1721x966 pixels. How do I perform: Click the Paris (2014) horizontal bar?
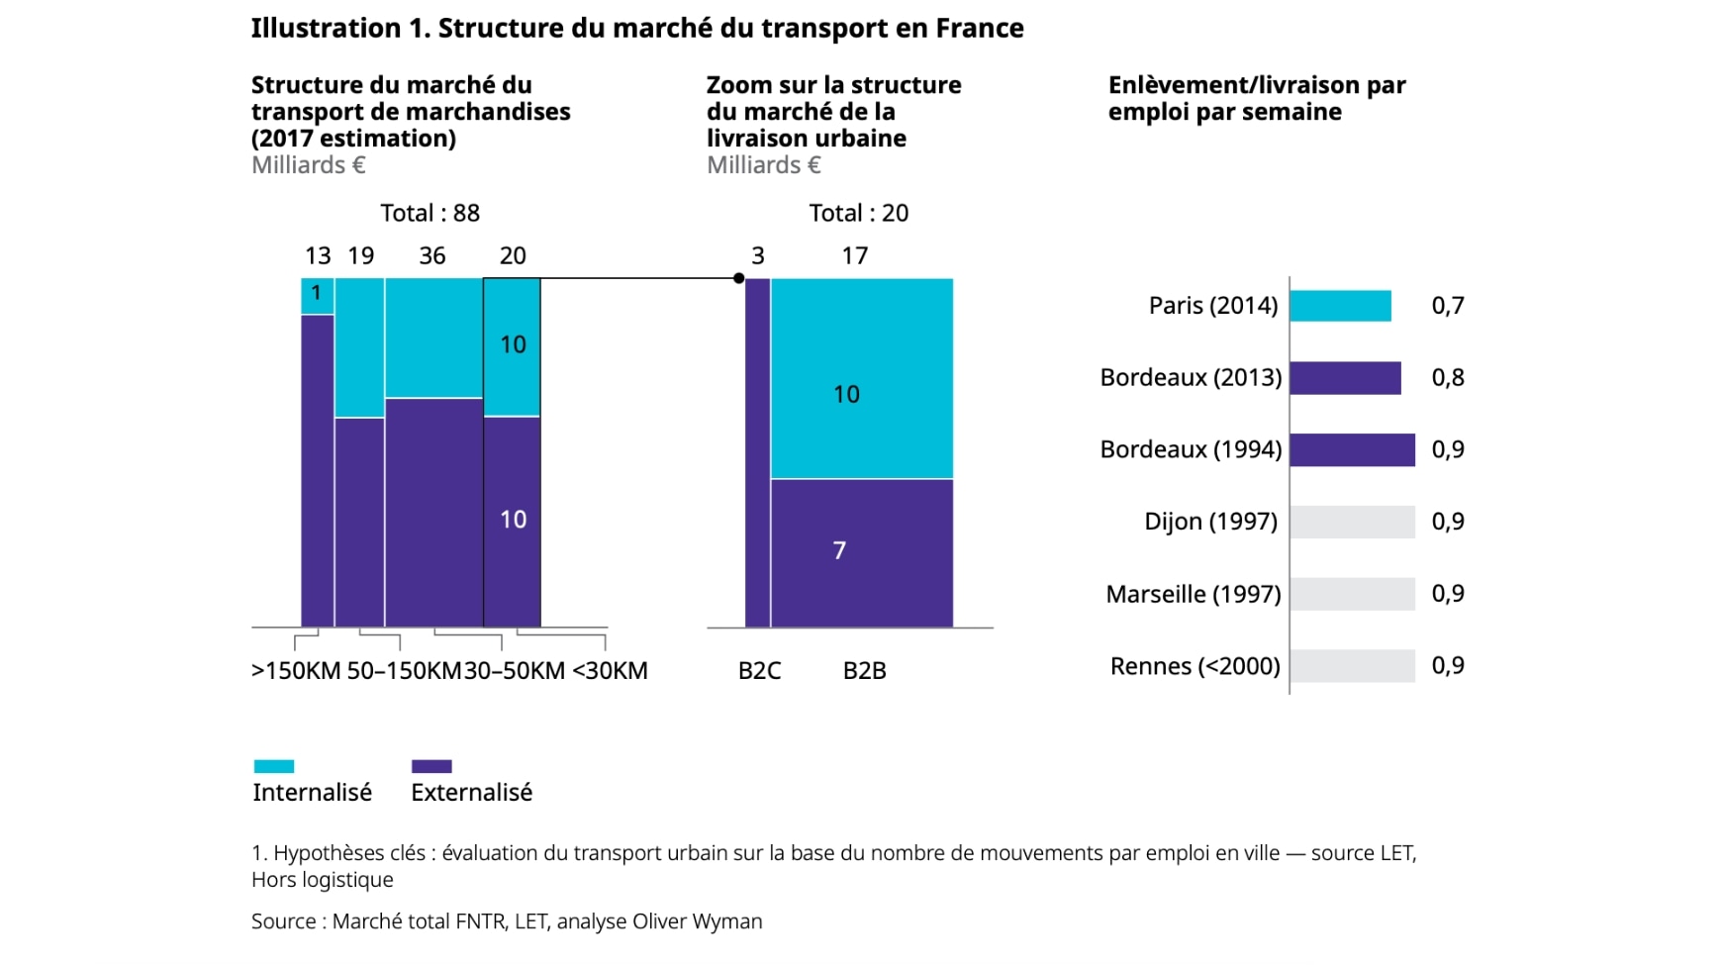coord(1340,306)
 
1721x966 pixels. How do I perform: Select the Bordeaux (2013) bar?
coord(1345,378)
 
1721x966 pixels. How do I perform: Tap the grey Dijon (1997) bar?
coord(1352,522)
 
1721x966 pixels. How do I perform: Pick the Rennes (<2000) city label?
coord(1195,666)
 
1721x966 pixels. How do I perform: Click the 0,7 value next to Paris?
coord(1447,306)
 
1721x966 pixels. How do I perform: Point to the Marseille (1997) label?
coord(1193,594)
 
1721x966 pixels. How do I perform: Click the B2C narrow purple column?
coord(757,452)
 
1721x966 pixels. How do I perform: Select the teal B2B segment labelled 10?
coord(861,379)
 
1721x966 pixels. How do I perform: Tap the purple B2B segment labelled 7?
coord(861,552)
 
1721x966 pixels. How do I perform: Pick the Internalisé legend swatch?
coord(274,766)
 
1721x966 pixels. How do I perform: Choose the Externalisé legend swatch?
coord(431,766)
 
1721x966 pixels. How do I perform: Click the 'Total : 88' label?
coord(430,213)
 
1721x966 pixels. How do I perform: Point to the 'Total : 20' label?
coord(858,213)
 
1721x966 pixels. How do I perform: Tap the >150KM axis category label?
coord(296,671)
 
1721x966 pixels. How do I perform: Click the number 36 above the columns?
coord(432,256)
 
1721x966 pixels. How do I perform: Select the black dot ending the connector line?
coord(739,278)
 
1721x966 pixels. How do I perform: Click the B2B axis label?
coord(864,671)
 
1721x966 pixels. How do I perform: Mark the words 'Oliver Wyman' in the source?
coord(697,921)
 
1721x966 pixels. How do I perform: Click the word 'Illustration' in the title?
coord(326,28)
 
